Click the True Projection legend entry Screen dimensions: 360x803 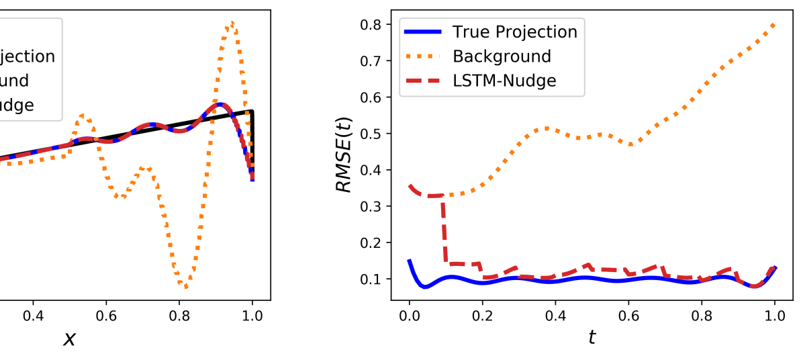[x=514, y=32]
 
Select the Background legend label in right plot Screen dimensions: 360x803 [x=502, y=56]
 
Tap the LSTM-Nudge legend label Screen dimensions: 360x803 [x=504, y=81]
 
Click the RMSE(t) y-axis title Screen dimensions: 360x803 [x=344, y=153]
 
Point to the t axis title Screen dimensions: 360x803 [x=592, y=337]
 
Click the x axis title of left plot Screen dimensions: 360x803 [x=69, y=338]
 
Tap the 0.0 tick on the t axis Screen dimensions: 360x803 [x=409, y=315]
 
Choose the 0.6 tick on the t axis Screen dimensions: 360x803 [x=628, y=315]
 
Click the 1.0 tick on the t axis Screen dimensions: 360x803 [x=775, y=315]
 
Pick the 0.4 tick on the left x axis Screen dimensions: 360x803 [x=33, y=315]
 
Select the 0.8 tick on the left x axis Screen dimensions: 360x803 [x=179, y=315]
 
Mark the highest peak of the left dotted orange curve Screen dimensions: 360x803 [x=232, y=23]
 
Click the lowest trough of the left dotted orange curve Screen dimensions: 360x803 [x=186, y=287]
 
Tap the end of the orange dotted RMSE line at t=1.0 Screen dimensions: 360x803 [x=775, y=24]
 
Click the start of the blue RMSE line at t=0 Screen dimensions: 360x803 [x=410, y=261]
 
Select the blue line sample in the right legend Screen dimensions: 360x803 [x=422, y=32]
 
